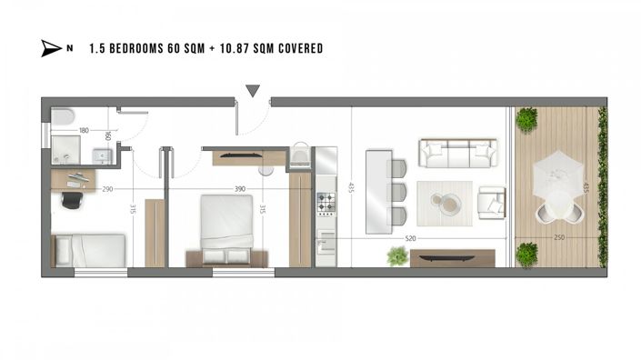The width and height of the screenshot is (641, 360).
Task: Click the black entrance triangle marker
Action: (x=253, y=90)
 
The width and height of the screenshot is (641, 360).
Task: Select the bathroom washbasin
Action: (x=102, y=156)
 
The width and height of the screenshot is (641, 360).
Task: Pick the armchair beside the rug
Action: (x=492, y=201)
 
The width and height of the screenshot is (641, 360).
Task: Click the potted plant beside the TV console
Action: (x=396, y=256)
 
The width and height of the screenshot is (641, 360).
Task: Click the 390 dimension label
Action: (x=240, y=189)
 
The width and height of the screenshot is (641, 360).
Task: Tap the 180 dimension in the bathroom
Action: (x=84, y=132)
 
